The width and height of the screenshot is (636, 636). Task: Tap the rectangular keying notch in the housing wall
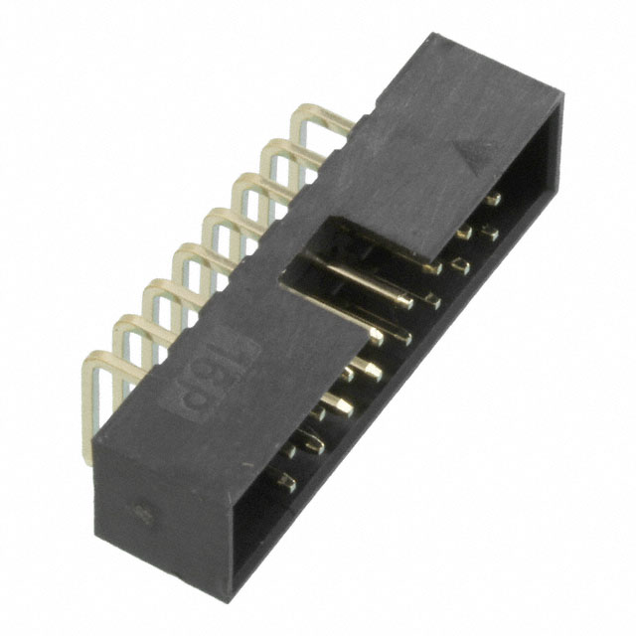click(x=328, y=248)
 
